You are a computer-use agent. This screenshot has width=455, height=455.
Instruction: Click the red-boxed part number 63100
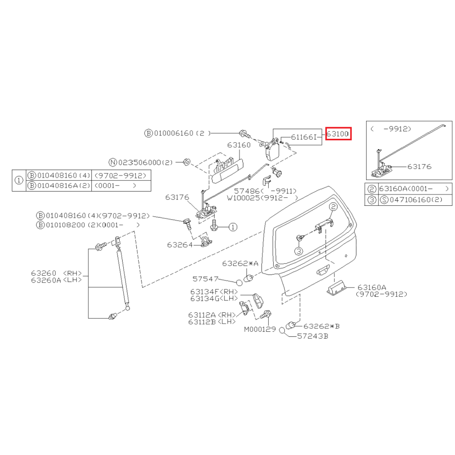point(338,134)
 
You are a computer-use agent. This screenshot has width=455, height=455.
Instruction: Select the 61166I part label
point(303,137)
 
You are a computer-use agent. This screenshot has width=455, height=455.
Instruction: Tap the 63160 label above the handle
point(239,145)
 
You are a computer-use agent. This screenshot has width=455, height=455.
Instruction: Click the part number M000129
point(260,329)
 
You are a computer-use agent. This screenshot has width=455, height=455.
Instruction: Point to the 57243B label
point(313,336)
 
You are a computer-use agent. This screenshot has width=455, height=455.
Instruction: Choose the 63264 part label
point(180,245)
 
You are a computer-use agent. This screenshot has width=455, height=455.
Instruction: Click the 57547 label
point(205,279)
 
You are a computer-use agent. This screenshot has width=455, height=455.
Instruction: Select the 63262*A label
point(240,263)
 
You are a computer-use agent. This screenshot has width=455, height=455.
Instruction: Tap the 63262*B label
point(322,326)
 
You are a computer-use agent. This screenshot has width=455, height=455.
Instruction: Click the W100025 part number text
point(243,198)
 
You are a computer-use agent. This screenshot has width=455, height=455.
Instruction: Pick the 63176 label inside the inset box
point(419,167)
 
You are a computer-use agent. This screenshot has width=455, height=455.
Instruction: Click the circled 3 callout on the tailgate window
point(299,251)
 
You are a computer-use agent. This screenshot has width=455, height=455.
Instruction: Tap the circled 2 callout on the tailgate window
point(333,207)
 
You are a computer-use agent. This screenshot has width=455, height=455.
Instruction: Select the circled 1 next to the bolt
point(233,227)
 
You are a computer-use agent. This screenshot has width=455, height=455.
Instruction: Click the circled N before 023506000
point(113,162)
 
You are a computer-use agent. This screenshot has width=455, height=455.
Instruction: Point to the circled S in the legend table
point(384,199)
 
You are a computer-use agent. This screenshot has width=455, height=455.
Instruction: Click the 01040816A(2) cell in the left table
point(59,185)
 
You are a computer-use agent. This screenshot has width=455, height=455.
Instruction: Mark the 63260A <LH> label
point(56,281)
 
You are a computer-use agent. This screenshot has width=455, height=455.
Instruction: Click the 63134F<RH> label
point(214,292)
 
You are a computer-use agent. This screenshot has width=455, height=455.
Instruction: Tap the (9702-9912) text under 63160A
point(382,294)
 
